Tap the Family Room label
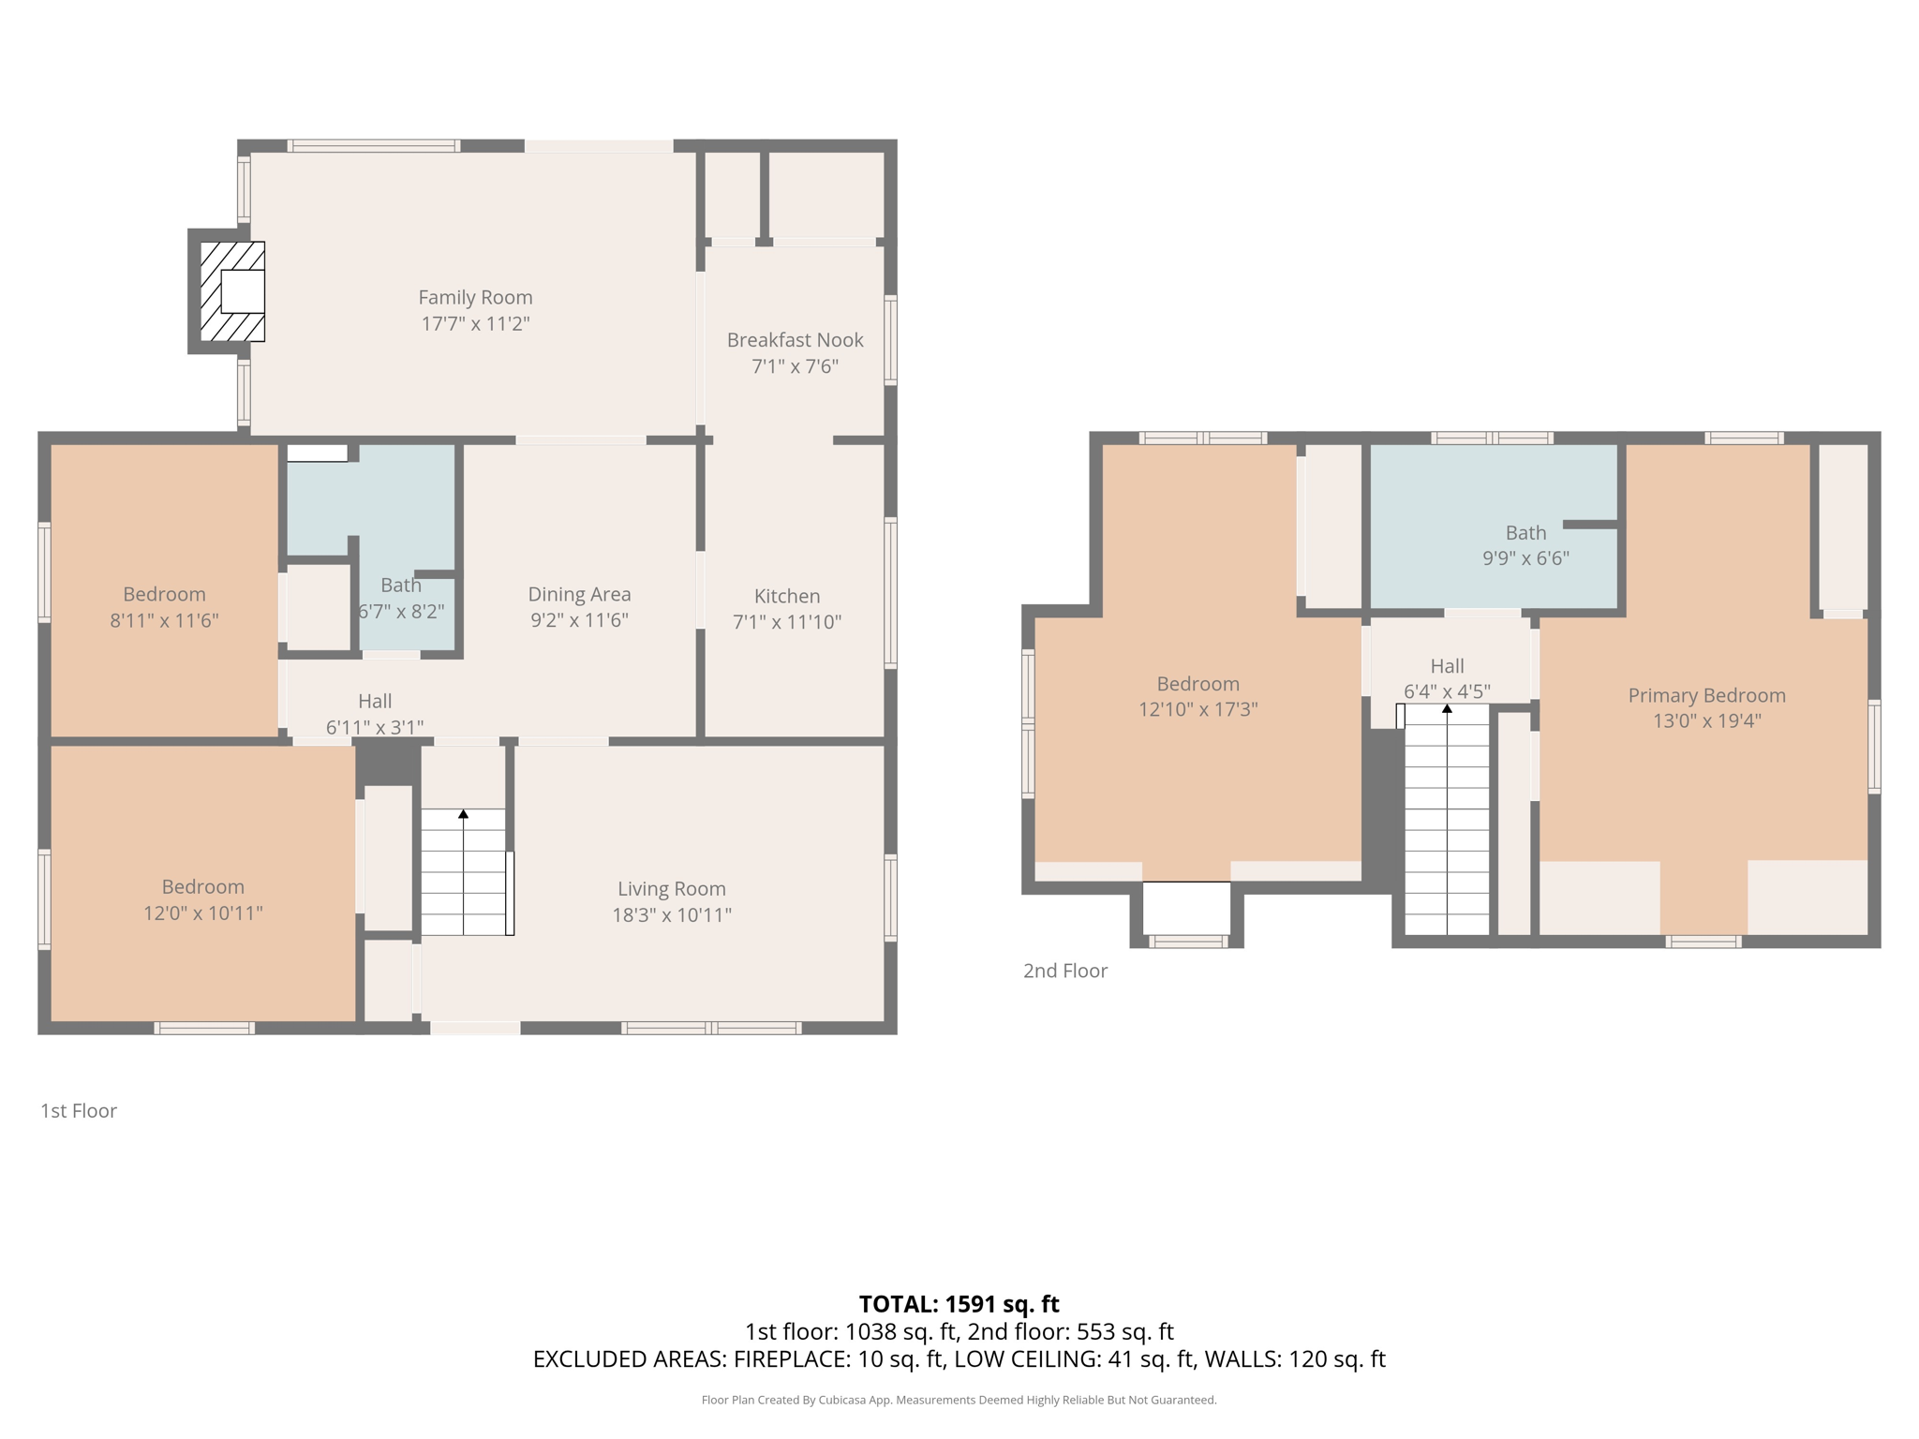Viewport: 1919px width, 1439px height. point(475,297)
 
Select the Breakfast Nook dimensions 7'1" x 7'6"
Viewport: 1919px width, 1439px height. point(795,366)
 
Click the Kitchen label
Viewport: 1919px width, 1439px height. point(787,596)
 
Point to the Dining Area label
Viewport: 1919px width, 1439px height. point(579,594)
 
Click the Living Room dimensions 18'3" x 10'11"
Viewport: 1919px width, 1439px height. point(672,914)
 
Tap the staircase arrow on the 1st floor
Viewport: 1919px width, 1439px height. point(463,871)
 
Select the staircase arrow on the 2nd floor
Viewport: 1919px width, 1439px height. point(1447,819)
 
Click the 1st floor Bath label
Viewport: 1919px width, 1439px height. point(401,585)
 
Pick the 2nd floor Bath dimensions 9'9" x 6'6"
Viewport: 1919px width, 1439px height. point(1525,558)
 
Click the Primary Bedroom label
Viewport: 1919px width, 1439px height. point(1706,695)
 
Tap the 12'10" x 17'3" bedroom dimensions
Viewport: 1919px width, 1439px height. point(1198,709)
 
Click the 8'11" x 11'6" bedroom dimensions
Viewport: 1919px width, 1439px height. point(164,620)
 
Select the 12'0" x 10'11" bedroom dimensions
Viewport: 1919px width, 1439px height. point(202,912)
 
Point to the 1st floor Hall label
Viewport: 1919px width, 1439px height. point(375,701)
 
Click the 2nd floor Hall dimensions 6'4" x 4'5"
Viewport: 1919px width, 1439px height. point(1447,691)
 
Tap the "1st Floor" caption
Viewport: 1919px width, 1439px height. point(79,1111)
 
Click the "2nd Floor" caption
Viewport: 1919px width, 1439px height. point(1065,971)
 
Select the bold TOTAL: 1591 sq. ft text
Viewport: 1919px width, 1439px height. point(959,1304)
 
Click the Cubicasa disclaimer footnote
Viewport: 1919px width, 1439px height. point(959,1401)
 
